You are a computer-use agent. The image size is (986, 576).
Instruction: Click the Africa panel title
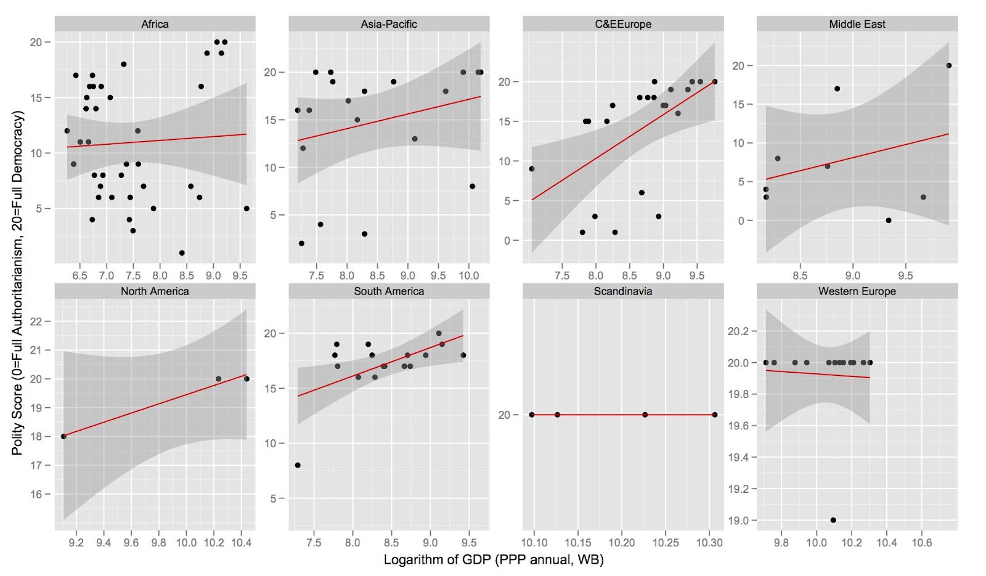[155, 24]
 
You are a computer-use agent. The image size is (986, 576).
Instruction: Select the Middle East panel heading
[857, 24]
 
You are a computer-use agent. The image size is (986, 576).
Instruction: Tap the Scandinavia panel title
[622, 291]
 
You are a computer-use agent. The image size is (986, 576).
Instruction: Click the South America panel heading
[388, 291]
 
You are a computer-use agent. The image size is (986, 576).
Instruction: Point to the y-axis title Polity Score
[17, 283]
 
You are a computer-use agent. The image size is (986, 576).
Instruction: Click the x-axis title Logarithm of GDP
[493, 559]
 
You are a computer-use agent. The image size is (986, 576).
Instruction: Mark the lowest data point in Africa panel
[182, 253]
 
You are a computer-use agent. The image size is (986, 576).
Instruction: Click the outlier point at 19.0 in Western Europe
[833, 520]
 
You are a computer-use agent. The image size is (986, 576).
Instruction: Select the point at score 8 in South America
[298, 465]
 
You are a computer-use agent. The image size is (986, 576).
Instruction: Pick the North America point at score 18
[63, 436]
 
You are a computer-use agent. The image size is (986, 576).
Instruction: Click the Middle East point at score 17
[837, 89]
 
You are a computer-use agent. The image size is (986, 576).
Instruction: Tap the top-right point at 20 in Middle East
[949, 65]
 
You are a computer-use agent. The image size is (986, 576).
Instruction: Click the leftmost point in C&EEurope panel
[532, 169]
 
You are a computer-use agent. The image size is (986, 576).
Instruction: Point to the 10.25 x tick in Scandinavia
[666, 543]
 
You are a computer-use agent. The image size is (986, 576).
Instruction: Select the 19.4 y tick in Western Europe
[738, 457]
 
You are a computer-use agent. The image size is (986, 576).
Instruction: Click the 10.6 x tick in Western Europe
[921, 543]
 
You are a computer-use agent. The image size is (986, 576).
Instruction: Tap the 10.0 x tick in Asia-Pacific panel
[468, 275]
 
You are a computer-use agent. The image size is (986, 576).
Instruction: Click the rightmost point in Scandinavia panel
[715, 415]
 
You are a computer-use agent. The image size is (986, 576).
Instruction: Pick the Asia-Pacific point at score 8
[472, 186]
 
